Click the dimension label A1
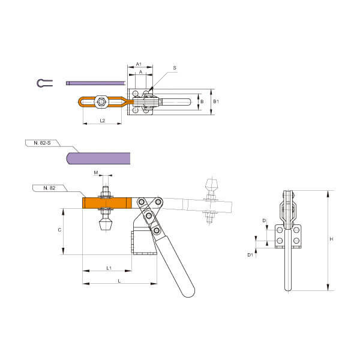coord(139,64)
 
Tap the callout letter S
coord(175,68)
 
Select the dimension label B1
coord(216,101)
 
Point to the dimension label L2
coord(103,121)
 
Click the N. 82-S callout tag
coord(42,143)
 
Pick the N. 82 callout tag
coord(49,188)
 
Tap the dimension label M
coord(96,173)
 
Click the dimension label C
coord(59,230)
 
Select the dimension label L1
coord(109,268)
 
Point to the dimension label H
coord(331,239)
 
